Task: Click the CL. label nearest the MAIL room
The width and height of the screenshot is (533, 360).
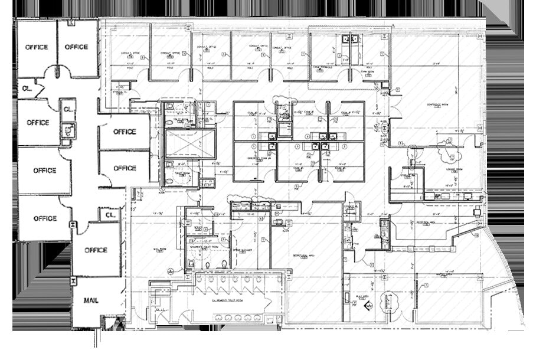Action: point(110,215)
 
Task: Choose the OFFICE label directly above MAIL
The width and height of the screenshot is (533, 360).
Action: point(96,250)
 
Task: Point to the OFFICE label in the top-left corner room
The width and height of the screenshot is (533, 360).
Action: point(37,47)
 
